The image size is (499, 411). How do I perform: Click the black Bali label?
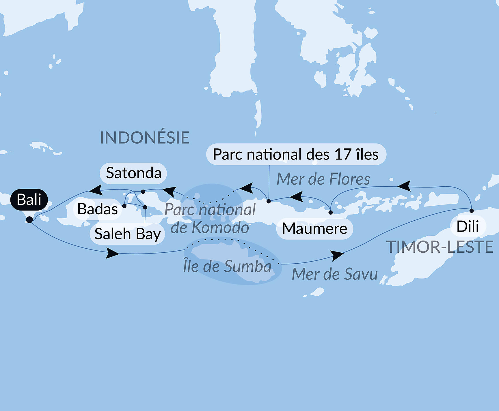(x=29, y=200)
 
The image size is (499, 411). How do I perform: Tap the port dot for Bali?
(x=29, y=220)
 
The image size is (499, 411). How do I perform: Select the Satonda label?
(x=133, y=173)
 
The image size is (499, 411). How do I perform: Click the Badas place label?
(x=98, y=209)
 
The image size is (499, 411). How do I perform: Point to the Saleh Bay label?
(x=127, y=234)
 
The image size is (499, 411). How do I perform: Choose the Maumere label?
(x=314, y=229)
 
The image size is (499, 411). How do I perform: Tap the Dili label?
(x=468, y=226)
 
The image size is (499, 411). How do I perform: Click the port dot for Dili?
(x=472, y=211)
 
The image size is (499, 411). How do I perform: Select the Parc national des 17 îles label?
(x=296, y=154)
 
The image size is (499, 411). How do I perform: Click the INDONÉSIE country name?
(x=145, y=138)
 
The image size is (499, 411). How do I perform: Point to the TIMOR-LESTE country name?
(x=440, y=247)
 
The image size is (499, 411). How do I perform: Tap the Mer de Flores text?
(x=323, y=179)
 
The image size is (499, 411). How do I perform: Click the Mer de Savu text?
(x=335, y=274)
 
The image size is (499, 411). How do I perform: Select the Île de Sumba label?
(x=227, y=266)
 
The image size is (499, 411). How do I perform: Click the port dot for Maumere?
(x=331, y=213)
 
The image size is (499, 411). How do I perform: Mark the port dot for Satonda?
(x=143, y=192)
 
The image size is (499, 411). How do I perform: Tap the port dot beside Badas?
(x=124, y=206)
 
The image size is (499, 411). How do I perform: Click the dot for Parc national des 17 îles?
(x=269, y=201)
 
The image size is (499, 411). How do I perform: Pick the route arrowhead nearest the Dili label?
(x=404, y=186)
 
